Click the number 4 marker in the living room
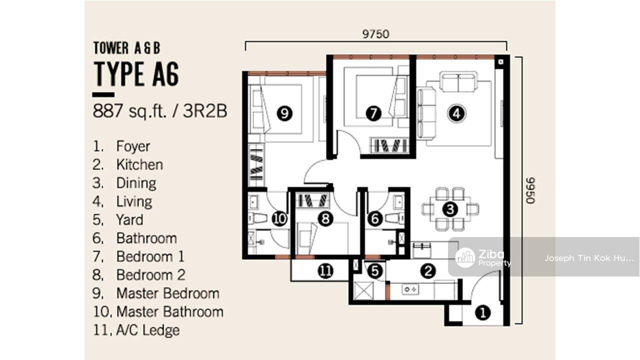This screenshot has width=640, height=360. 456,113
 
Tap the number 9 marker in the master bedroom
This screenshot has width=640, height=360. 284,113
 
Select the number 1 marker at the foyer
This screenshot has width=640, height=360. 483,312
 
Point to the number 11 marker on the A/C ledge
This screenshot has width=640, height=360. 325,270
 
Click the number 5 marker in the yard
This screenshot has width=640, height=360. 375,270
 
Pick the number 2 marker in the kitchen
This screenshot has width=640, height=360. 428,270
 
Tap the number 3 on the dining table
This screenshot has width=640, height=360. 450,209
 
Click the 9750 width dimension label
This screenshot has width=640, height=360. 375,34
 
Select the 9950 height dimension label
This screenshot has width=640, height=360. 530,190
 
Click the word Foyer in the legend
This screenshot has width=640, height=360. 133,146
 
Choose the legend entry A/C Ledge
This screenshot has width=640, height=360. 147,330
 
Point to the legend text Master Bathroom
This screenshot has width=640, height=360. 170,311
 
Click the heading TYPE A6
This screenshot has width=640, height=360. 136,73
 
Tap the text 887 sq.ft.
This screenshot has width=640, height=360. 129,111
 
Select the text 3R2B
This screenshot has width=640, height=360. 205,111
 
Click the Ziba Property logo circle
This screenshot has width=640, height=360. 465,257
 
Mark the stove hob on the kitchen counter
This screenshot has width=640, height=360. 410,289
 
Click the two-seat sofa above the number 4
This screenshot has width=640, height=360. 458,82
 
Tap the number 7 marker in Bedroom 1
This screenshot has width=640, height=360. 373,113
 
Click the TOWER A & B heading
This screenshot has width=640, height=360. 126,48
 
